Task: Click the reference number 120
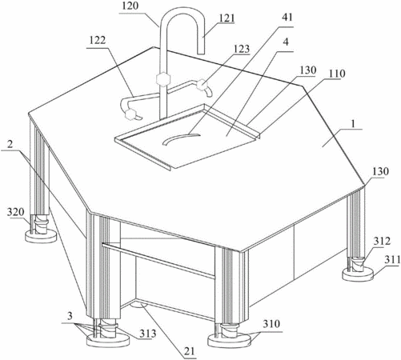pos(130,6)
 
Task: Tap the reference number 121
pos(227,18)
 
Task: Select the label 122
pos(98,41)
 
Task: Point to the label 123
pos(242,49)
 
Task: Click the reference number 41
pos(287,17)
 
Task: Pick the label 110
pos(337,74)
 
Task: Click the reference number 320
pos(16,213)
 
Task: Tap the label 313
pos(148,334)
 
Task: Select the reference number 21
pos(189,351)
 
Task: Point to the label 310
pos(271,324)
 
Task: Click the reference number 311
pos(392,259)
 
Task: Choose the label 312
pos(382,242)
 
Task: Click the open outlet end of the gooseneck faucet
pos(201,54)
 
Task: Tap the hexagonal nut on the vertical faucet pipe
pos(162,79)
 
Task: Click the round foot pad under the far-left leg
pos(41,237)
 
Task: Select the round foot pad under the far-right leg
pos(357,274)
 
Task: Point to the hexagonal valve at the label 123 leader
pos(202,85)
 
